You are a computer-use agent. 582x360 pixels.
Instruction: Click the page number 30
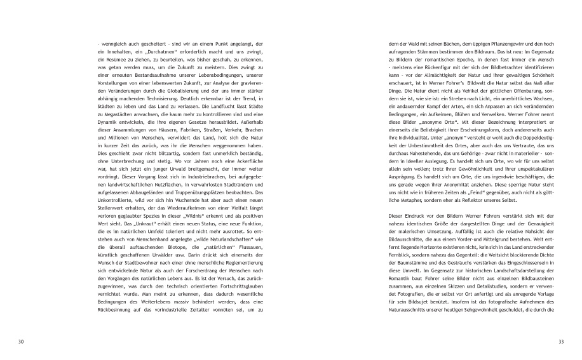coord(21,342)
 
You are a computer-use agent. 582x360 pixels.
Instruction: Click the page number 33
coord(560,342)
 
